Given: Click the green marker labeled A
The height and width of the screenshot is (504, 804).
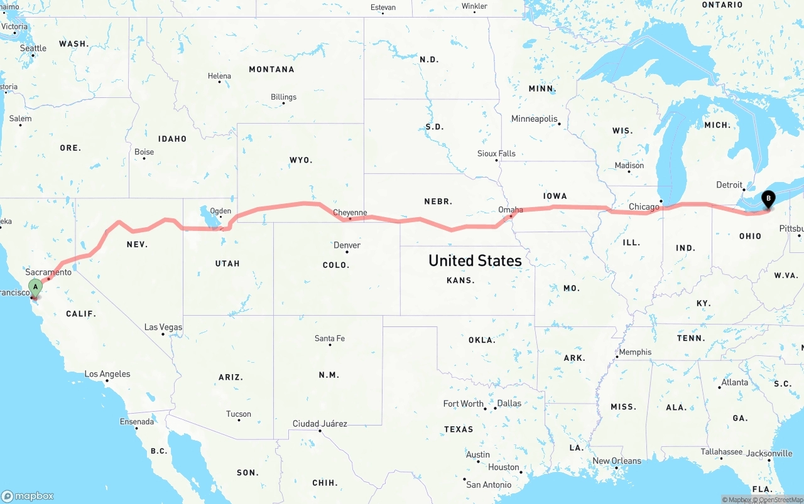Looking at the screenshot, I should coord(36,287).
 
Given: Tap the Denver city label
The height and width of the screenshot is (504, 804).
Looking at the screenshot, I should coord(347,245).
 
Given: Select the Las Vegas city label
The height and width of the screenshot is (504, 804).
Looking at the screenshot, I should coord(163,327).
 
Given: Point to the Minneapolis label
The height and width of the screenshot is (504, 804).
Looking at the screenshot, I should coord(534,119).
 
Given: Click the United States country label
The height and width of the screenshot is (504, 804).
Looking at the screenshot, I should coord(475,260).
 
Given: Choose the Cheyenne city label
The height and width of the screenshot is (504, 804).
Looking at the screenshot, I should coord(350,213).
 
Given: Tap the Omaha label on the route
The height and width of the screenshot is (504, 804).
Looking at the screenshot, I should coord(510,210).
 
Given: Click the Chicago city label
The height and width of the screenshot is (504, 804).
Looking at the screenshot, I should coord(644,206).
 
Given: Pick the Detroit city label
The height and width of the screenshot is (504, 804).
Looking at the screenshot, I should coord(729,185).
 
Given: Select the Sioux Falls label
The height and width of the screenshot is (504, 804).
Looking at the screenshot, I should coord(496,153).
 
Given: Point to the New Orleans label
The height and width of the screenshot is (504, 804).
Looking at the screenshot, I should coord(617,461).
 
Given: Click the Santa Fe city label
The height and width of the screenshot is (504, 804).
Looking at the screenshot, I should coord(329,338).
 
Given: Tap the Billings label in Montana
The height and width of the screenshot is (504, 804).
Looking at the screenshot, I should coord(283,97).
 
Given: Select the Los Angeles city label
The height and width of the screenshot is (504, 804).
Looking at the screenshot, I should coord(107,374).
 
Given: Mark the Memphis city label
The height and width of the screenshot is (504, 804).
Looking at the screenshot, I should coord(635,352).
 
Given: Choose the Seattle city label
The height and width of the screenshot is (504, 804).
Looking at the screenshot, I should coord(33,48).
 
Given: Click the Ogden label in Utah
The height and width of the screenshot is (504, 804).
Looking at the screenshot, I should coord(220,211).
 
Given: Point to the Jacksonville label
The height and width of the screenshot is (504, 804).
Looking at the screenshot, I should coord(769,453).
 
